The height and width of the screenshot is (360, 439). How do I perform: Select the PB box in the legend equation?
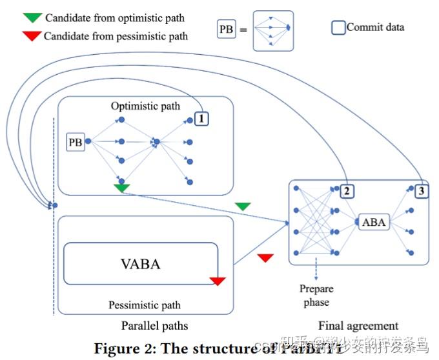(227, 30)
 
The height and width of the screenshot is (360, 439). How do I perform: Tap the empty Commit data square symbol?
(338, 28)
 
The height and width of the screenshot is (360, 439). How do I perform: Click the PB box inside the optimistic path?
(76, 142)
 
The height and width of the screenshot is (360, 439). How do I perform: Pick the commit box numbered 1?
(201, 119)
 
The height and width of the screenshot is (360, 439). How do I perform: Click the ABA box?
(374, 223)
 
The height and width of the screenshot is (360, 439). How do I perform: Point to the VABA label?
(140, 263)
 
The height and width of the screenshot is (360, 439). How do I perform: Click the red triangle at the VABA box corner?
(218, 281)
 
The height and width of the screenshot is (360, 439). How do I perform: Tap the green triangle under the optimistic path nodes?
(121, 188)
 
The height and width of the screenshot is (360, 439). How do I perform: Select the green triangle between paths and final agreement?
(243, 206)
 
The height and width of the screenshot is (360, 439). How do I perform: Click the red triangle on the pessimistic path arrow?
(265, 258)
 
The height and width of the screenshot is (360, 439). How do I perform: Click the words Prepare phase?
(315, 295)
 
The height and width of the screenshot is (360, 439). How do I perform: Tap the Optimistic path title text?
(145, 105)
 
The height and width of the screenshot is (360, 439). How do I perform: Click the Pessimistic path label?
(145, 305)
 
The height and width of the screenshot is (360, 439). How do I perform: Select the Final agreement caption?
(358, 325)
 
